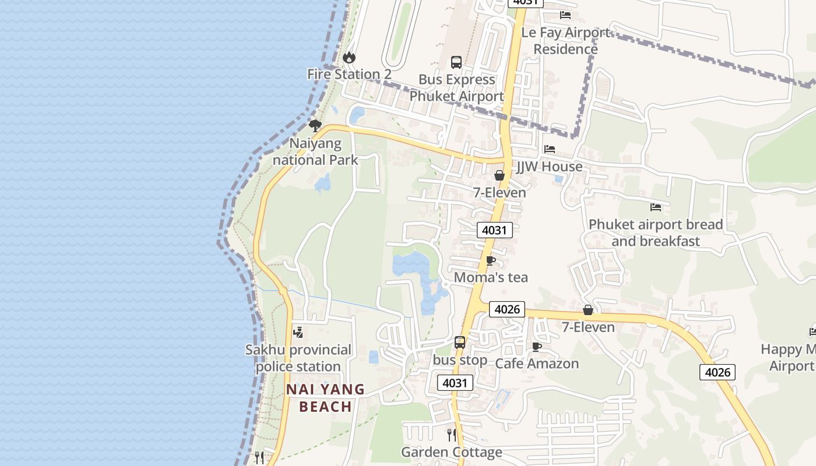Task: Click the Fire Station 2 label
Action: tap(349, 75)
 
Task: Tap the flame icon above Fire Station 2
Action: tap(349, 57)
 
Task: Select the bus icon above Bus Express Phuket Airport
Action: tap(456, 62)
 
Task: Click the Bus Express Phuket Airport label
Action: tap(456, 88)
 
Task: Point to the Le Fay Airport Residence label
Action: tap(565, 41)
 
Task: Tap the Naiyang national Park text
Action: tap(315, 151)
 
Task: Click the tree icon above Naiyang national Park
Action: tap(315, 125)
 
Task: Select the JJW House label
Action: tap(550, 167)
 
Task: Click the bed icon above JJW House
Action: tap(550, 149)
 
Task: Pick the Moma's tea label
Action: tap(491, 278)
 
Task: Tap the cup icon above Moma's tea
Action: tap(491, 260)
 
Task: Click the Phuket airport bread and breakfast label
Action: tap(656, 233)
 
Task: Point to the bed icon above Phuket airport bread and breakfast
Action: tap(656, 207)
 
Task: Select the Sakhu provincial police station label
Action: tap(298, 358)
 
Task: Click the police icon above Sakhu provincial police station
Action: tap(298, 333)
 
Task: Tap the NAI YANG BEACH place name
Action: tap(325, 398)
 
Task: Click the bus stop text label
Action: tap(460, 361)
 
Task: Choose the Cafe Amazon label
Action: tap(537, 364)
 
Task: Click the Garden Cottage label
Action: tap(452, 453)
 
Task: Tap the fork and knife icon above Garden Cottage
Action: tap(452, 435)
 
